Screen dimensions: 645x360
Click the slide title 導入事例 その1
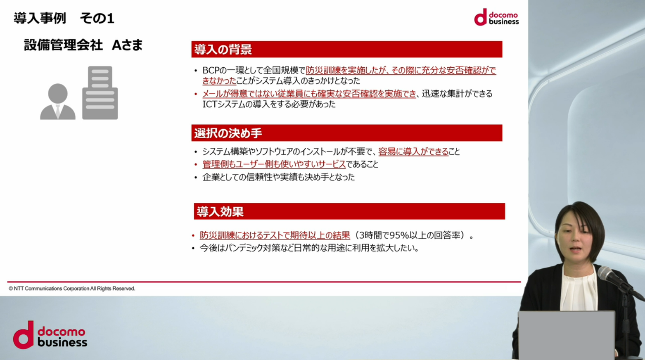click(x=64, y=18)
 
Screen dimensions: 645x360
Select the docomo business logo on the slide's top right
click(x=496, y=17)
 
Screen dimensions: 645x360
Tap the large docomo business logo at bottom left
click(x=50, y=335)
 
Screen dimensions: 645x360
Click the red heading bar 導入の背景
click(x=347, y=49)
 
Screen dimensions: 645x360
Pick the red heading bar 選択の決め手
click(x=347, y=133)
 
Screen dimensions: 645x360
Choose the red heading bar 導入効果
click(x=349, y=211)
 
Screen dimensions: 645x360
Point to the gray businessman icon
click(x=58, y=102)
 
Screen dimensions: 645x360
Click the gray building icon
click(x=100, y=93)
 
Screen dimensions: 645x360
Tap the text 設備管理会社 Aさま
click(x=83, y=45)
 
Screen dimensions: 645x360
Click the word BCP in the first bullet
click(x=211, y=70)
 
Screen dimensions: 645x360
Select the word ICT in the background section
click(x=209, y=104)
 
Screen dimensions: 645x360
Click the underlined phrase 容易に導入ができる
click(x=413, y=152)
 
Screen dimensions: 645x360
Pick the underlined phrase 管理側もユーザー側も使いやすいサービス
click(x=274, y=164)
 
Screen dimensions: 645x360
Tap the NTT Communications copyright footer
click(x=72, y=288)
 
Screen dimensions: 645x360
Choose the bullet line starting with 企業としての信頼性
click(x=278, y=177)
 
